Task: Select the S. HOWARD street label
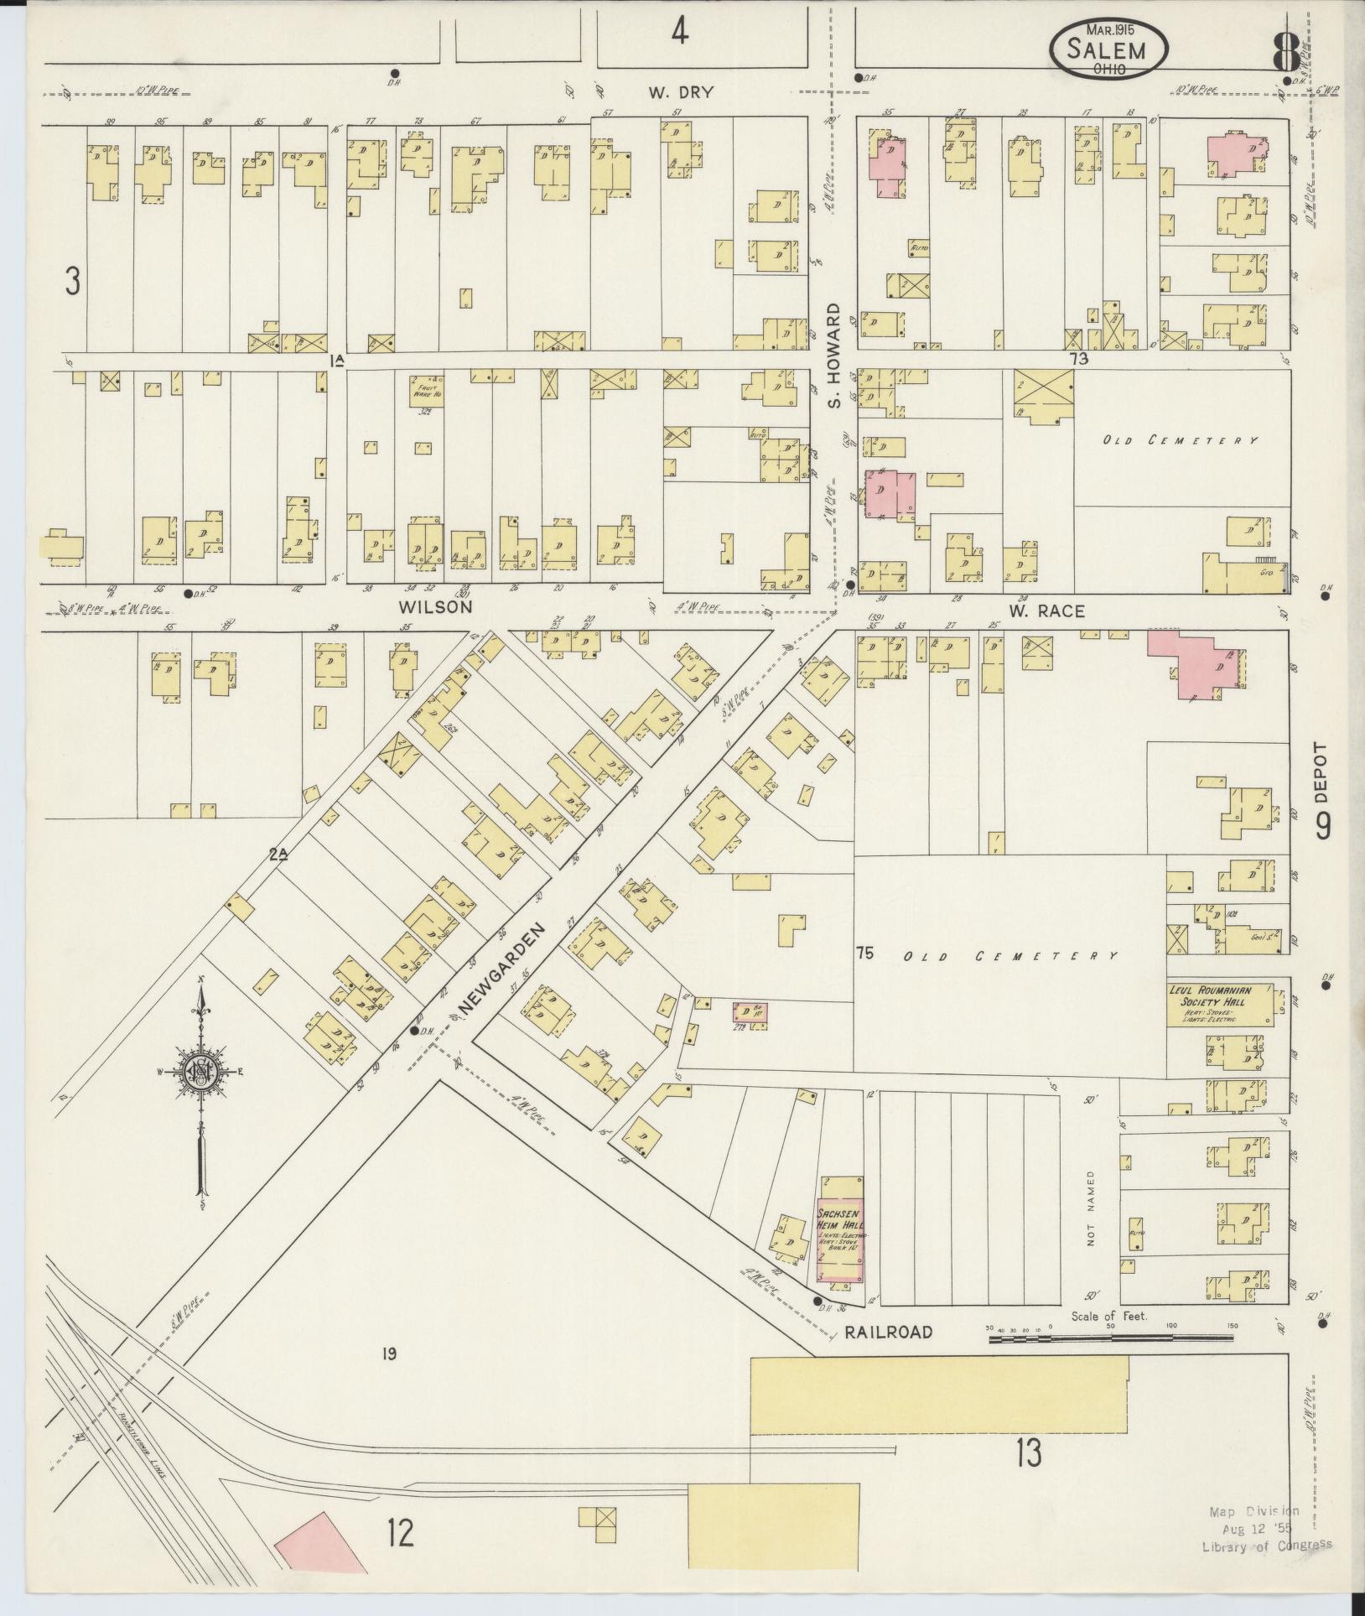[833, 356]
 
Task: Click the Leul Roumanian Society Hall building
[1221, 1003]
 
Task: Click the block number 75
[866, 953]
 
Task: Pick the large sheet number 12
[400, 1535]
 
